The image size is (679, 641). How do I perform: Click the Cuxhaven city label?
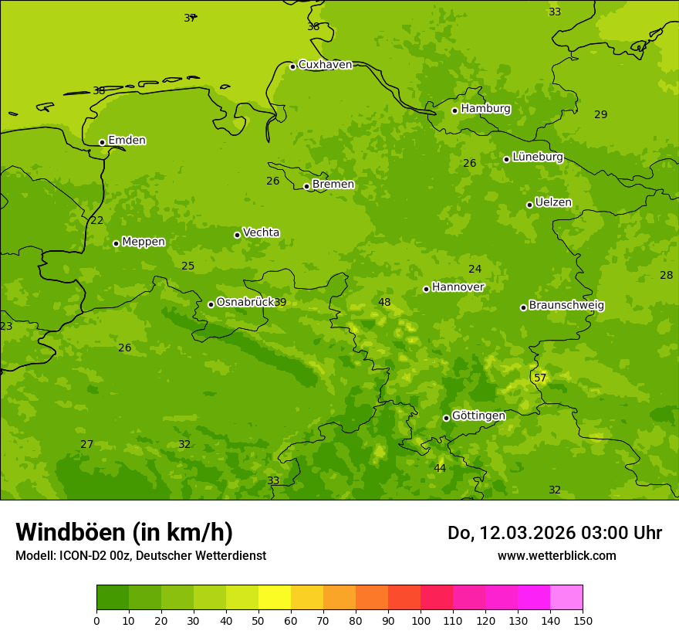coord(325,65)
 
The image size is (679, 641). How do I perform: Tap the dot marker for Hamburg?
coord(455,110)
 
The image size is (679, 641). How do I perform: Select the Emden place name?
coord(127,141)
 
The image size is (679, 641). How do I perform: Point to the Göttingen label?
coord(478,415)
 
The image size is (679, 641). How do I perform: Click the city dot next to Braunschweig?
coord(523,307)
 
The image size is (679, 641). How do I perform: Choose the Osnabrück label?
coord(245,302)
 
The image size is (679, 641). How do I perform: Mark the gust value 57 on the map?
coord(540,378)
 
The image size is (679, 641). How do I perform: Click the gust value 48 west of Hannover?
coord(384,302)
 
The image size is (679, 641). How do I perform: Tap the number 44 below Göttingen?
coord(440,468)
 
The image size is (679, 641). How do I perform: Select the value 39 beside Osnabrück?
coord(280,302)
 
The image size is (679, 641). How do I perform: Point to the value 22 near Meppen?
coord(97,220)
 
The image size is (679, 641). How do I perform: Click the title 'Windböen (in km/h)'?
coord(124,532)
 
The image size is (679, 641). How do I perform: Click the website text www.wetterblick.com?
coord(556,555)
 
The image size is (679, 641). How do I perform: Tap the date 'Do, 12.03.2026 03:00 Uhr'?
coord(554,533)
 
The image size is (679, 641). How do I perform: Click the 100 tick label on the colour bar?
coord(421,620)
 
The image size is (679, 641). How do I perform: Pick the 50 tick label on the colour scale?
coord(258,620)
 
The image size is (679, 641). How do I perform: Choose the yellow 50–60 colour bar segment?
coord(275,598)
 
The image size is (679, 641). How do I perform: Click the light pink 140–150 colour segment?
coord(566,598)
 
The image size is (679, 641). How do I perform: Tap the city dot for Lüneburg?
coord(507,159)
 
